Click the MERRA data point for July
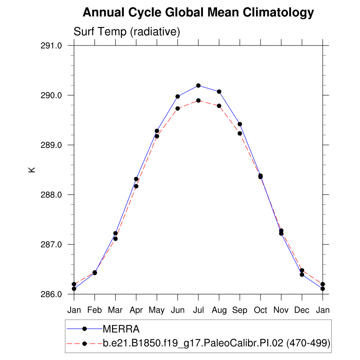[198, 85]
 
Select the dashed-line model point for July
[198, 100]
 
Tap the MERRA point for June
[178, 96]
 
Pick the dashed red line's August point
[219, 106]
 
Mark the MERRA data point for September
[240, 124]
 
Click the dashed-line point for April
[136, 186]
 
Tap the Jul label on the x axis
[198, 310]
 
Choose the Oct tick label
[261, 310]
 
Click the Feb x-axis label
[94, 310]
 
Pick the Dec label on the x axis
[302, 310]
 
